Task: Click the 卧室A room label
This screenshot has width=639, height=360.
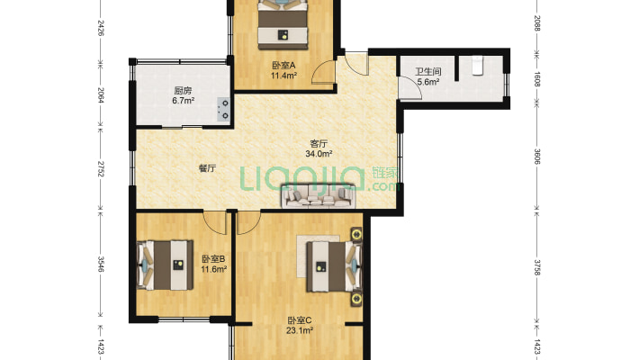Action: click(283, 65)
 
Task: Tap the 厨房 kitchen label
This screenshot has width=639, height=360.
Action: click(183, 90)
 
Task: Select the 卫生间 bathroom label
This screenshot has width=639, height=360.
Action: click(428, 72)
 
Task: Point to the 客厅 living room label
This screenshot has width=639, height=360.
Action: click(319, 143)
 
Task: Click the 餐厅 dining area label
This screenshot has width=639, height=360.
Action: click(207, 168)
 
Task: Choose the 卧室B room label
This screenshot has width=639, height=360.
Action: click(213, 259)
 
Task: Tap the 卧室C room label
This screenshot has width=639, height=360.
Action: click(300, 321)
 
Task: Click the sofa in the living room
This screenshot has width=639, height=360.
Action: click(319, 196)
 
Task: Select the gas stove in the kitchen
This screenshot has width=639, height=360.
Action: click(223, 109)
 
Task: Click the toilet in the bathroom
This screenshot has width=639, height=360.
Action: click(477, 65)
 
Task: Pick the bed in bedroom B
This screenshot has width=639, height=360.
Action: click(165, 265)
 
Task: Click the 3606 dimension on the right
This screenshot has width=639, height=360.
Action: click(536, 157)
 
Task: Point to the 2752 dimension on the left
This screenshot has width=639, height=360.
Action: click(101, 168)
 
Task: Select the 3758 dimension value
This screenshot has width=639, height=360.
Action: click(536, 267)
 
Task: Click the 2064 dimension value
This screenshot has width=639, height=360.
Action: click(101, 95)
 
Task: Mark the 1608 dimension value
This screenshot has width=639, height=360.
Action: click(536, 79)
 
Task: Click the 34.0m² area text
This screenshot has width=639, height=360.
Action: click(319, 154)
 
